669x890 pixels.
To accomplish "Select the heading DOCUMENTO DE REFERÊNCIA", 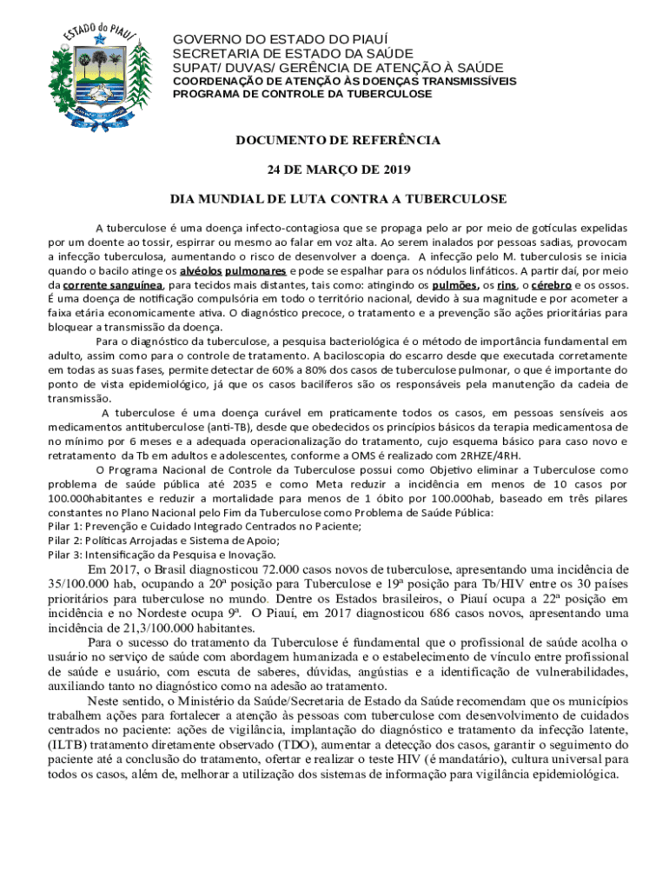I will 339,140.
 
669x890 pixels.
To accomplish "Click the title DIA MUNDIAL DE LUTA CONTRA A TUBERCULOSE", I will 339,199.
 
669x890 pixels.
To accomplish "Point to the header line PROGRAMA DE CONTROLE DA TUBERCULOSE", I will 303,94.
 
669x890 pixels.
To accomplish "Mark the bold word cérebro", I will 550,284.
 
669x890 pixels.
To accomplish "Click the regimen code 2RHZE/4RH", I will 490,455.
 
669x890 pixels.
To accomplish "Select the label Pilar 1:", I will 66,526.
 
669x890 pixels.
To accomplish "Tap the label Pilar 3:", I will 66,554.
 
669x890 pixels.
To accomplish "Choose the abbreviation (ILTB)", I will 68,745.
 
